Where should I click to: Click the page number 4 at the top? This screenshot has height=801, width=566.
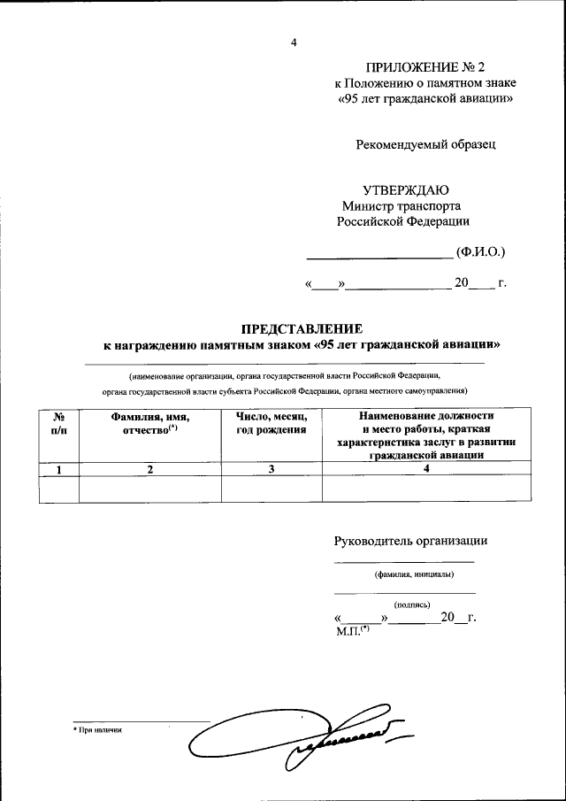[294, 42]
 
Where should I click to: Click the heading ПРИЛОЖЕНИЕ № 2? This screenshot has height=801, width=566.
[425, 67]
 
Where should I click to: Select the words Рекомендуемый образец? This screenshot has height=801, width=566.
[425, 143]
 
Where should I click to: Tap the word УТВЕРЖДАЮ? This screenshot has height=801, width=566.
[407, 191]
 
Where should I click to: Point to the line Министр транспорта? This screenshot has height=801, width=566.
[402, 206]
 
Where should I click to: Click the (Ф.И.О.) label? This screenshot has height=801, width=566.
[480, 252]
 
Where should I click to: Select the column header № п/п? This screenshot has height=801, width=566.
[59, 422]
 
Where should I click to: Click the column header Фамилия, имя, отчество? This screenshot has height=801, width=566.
[150, 422]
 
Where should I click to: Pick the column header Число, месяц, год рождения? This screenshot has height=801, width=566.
[271, 422]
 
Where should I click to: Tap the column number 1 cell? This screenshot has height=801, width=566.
[59, 469]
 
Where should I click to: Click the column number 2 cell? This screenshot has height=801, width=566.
[150, 469]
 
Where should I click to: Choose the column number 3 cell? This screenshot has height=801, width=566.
[272, 469]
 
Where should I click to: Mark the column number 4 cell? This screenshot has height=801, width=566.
[425, 469]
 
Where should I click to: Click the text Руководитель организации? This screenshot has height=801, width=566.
[410, 541]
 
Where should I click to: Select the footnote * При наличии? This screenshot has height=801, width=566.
[96, 730]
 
